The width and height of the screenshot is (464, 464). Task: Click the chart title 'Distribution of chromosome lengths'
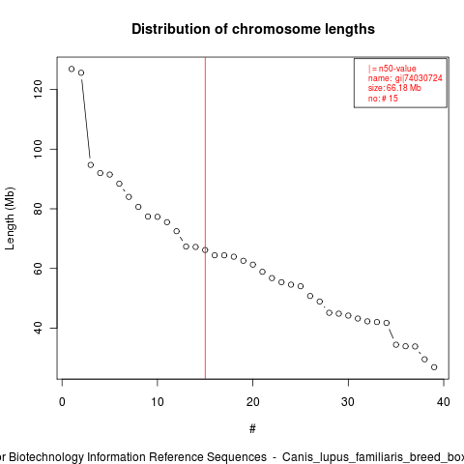click(253, 29)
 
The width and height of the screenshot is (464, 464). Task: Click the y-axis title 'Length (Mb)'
click(10, 218)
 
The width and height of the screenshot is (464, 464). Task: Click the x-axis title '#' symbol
click(252, 429)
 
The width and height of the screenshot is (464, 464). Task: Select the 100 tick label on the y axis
click(38, 149)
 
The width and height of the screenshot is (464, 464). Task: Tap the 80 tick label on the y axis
click(38, 209)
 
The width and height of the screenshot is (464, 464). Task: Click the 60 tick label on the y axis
click(38, 268)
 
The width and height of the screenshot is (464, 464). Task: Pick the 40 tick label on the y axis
click(38, 328)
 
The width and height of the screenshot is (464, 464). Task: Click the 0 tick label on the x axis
click(62, 402)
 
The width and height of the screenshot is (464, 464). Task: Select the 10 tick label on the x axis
click(158, 402)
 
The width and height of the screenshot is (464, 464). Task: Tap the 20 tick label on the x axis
click(253, 402)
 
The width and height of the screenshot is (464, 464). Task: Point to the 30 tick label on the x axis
click(348, 402)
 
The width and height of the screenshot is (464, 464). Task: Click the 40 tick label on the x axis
click(444, 402)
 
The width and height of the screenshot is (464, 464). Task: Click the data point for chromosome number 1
click(72, 69)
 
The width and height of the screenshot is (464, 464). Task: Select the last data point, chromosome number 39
click(434, 367)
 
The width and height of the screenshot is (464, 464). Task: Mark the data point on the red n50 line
click(205, 250)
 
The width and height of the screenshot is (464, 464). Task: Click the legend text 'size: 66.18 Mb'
click(394, 88)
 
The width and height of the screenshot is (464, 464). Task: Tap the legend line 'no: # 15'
click(383, 98)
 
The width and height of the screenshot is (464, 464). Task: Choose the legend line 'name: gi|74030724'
click(405, 78)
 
